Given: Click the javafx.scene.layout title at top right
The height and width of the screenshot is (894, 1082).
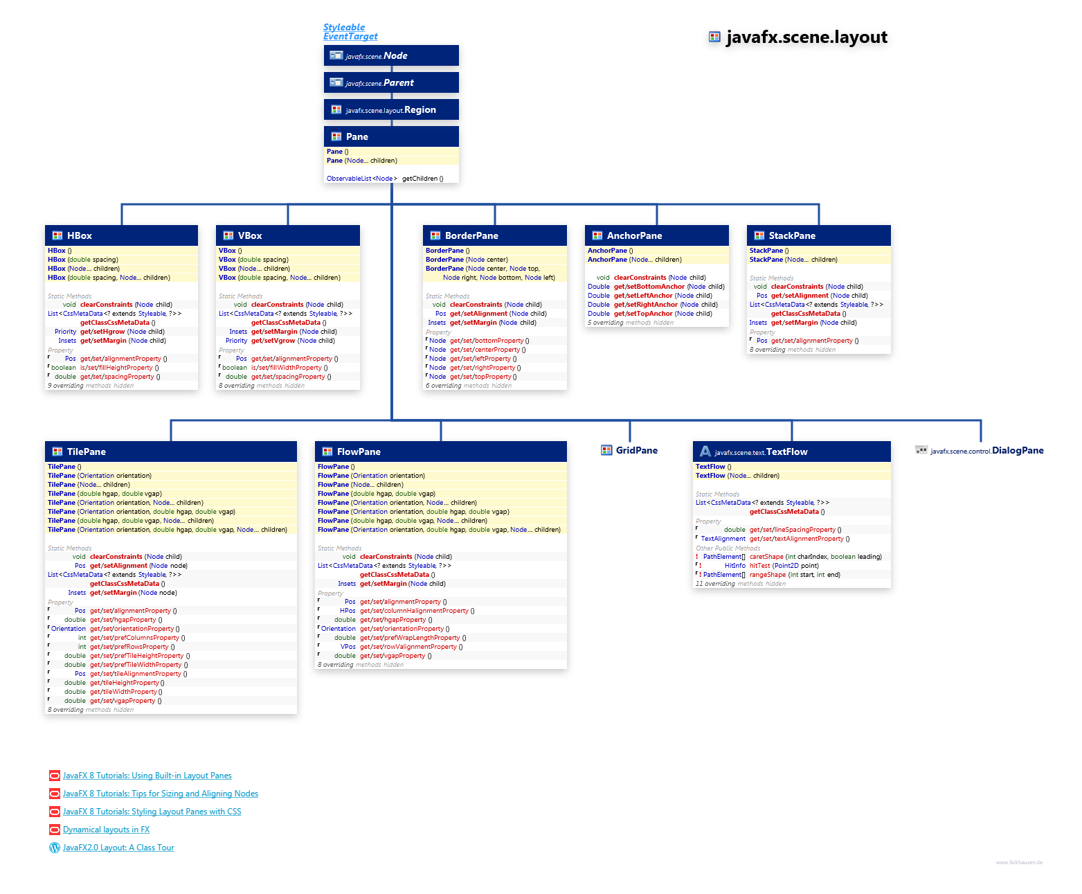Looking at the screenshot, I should pos(806,37).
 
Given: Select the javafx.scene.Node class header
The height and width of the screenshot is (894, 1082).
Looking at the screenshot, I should pos(391,55).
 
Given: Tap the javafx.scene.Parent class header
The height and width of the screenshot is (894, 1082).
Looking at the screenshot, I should pos(391,82).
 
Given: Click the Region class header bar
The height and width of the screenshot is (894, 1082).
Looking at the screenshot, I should pos(391,109).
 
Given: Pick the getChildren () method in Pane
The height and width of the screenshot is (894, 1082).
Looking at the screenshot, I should pos(422,179).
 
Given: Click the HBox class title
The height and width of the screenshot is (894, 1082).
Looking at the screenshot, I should pos(80,235).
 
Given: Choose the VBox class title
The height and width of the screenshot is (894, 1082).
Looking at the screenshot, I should pos(250,235).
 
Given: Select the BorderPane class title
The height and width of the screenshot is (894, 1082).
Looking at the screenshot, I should pos(471,235).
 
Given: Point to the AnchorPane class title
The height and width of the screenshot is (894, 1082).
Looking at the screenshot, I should pos(634,235).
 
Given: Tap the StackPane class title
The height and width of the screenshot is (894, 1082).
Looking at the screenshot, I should pos(792,235).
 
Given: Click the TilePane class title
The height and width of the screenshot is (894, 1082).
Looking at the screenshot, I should pos(87,452).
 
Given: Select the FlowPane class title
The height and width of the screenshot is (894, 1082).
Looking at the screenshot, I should pos(359,452).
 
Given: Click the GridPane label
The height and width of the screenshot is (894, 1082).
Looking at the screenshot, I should pos(636,450).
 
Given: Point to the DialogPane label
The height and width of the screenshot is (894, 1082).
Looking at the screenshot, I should pos(1017,450).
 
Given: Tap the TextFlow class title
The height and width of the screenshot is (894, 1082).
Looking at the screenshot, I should pos(786,452).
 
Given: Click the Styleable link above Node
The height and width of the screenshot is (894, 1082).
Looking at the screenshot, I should pos(344,27).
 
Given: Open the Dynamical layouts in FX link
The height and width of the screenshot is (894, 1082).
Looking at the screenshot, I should pos(106,830).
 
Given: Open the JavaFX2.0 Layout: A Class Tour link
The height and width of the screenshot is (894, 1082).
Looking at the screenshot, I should pos(118,848).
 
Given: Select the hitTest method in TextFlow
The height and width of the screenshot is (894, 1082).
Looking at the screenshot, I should pos(760,566).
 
